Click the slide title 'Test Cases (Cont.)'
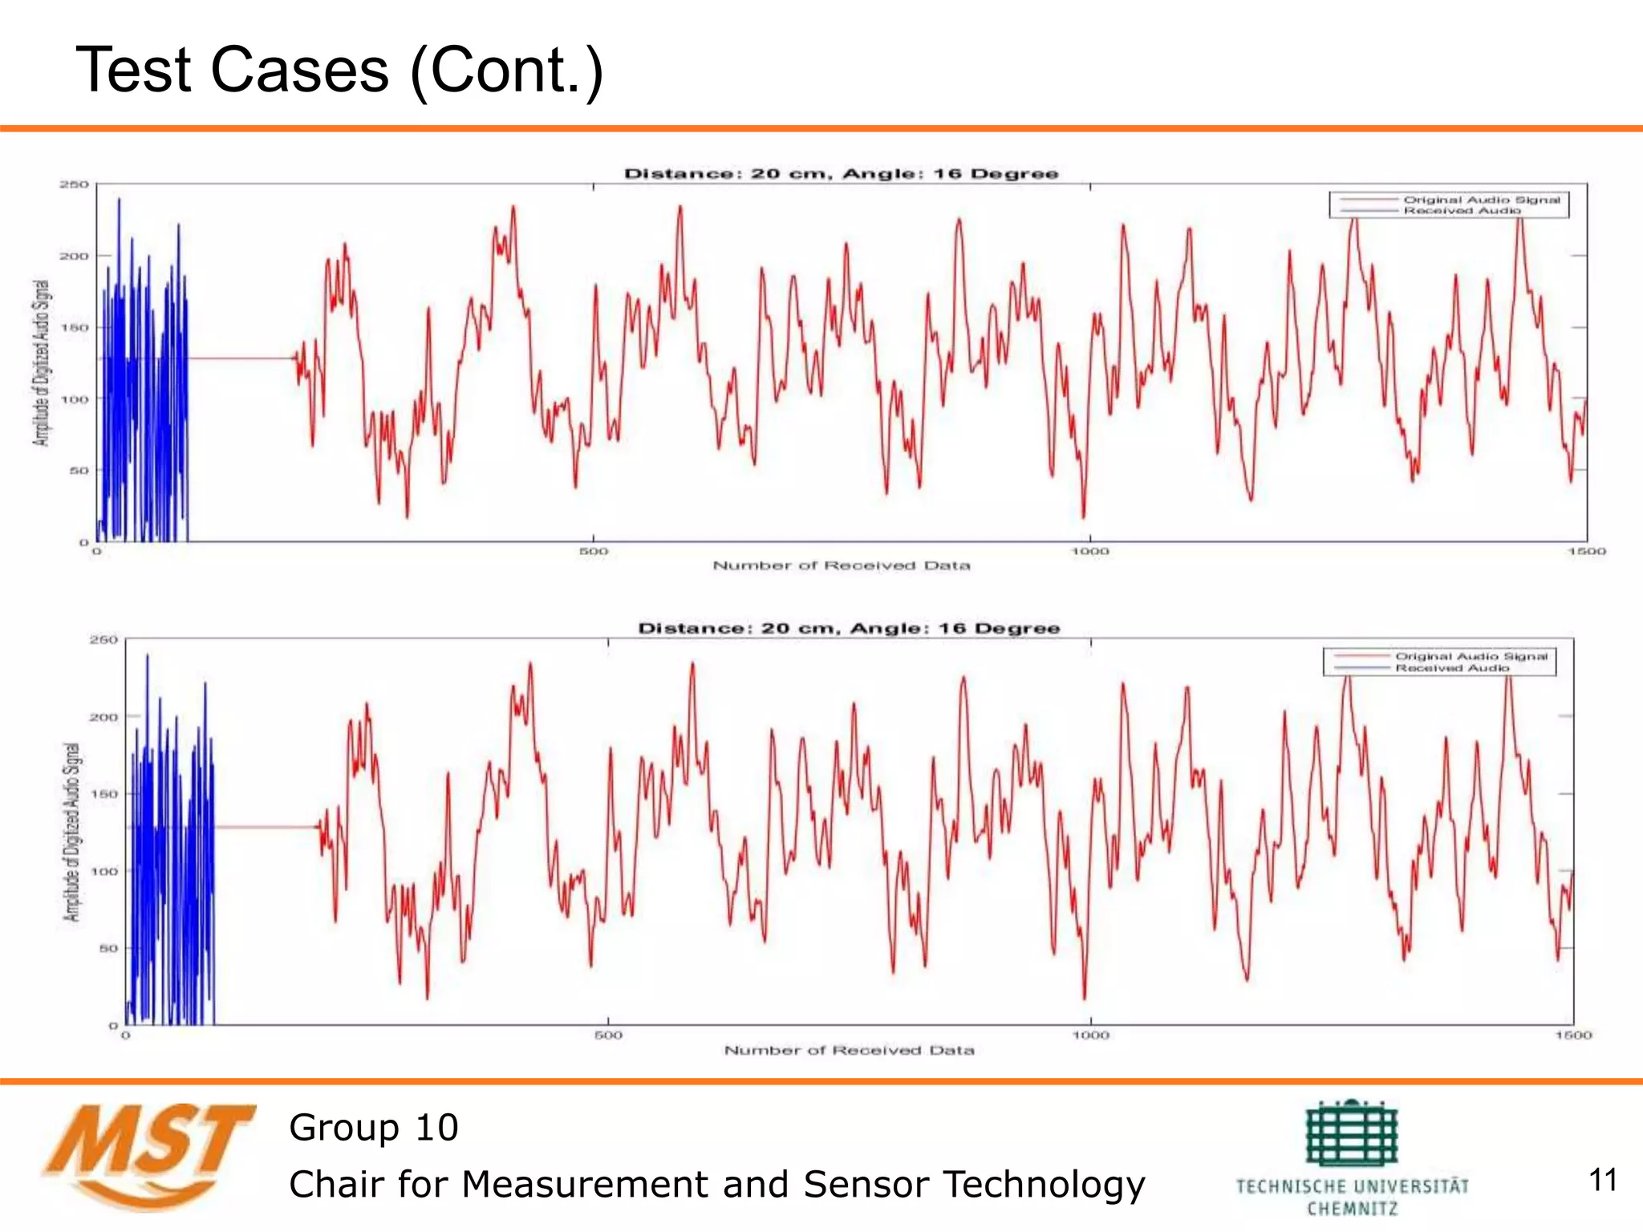(x=339, y=71)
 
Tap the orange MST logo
(x=148, y=1155)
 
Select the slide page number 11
(x=1603, y=1180)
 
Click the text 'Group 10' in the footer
(x=374, y=1128)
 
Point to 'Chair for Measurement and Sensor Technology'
(x=716, y=1184)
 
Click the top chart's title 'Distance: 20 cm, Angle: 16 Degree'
(x=841, y=174)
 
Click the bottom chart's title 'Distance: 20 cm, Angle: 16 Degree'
(x=849, y=628)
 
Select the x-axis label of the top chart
(x=842, y=565)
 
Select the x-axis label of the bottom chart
(x=849, y=1050)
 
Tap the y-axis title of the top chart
(x=41, y=363)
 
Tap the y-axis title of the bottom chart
(x=72, y=832)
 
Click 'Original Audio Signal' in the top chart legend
(x=1481, y=200)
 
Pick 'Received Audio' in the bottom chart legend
(x=1452, y=667)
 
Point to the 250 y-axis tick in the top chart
(x=74, y=184)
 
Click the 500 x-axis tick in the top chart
(x=594, y=551)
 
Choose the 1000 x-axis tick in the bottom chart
(x=1091, y=1035)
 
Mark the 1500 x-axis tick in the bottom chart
(x=1573, y=1035)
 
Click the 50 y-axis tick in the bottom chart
(x=108, y=948)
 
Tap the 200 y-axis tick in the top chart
(x=74, y=256)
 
